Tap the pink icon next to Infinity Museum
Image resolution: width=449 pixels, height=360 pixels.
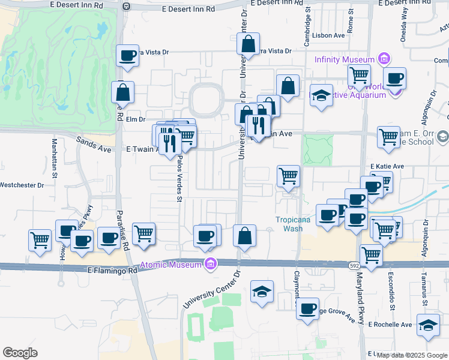click(384, 59)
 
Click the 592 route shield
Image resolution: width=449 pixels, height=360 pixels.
click(354, 264)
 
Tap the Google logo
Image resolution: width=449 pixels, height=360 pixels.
click(20, 353)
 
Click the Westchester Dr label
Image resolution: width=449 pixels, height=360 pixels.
click(23, 185)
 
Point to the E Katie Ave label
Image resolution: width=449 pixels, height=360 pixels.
click(387, 166)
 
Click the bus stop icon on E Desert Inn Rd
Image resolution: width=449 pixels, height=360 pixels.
click(126, 6)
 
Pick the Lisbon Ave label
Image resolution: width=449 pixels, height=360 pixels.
click(332, 35)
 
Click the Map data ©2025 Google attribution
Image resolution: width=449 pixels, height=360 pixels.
click(411, 355)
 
